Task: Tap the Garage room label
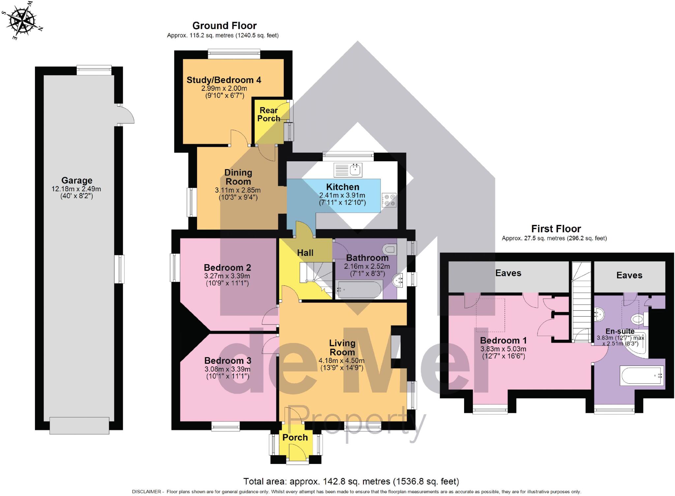pyautogui.click(x=76, y=180)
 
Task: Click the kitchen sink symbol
pyautogui.click(x=348, y=170)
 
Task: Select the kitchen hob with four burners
pyautogui.click(x=389, y=200)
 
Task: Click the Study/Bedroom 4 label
pyautogui.click(x=224, y=80)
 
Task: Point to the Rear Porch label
pyautogui.click(x=269, y=114)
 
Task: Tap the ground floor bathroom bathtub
pyautogui.click(x=359, y=290)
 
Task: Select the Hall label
pyautogui.click(x=305, y=253)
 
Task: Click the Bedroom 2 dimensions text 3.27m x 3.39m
pyautogui.click(x=227, y=276)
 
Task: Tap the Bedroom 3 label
pyautogui.click(x=227, y=360)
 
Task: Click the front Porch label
pyautogui.click(x=295, y=437)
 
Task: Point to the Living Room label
pyautogui.click(x=342, y=347)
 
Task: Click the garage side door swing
pyautogui.click(x=126, y=114)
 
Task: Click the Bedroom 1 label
pyautogui.click(x=503, y=340)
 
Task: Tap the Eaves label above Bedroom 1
pyautogui.click(x=508, y=273)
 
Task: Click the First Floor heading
pyautogui.click(x=556, y=229)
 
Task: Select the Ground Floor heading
pyautogui.click(x=224, y=26)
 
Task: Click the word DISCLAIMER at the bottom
pyautogui.click(x=146, y=492)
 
